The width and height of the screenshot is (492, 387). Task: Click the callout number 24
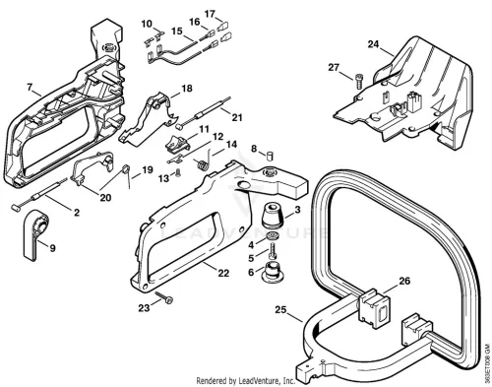373,44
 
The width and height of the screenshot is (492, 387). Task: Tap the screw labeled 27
358,81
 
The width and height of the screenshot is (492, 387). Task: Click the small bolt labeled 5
273,251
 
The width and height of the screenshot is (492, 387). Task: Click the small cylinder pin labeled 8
270,156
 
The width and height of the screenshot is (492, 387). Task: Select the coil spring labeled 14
205,160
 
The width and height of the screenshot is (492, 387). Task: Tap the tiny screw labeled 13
178,173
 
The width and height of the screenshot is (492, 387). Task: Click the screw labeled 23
164,297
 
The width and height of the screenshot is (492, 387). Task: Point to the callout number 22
223,273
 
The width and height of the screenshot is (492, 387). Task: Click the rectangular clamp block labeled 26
375,306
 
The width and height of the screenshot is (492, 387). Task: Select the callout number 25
280,309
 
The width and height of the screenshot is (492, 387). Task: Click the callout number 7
30,88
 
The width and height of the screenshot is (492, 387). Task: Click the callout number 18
187,89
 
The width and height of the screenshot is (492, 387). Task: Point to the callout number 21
237,117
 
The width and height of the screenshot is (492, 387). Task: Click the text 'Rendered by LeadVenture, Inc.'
246,380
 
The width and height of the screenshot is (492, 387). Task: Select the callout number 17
210,14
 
